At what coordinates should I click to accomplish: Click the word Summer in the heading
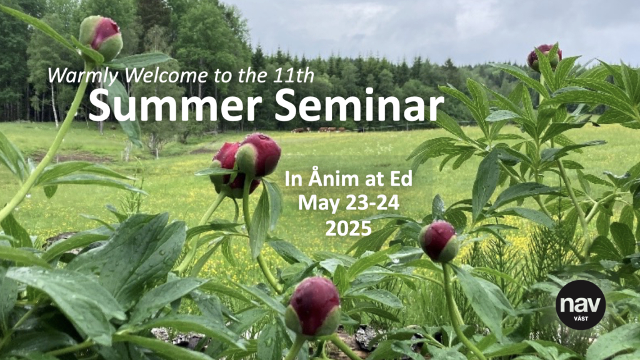tap(175, 105)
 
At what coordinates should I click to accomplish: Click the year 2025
tap(349, 228)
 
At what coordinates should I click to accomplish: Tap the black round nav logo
tap(581, 305)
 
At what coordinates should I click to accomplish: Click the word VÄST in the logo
tap(581, 318)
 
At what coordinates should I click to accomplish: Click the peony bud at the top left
tap(101, 37)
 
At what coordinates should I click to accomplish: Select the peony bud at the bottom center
tap(313, 307)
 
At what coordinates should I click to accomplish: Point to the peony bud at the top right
tap(544, 57)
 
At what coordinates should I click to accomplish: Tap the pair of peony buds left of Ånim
tap(245, 164)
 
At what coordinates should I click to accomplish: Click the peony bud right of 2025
tap(439, 242)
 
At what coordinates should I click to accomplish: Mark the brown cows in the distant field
tap(321, 130)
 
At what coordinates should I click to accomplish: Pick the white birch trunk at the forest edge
tap(55, 106)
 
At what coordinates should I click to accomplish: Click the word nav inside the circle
tap(581, 304)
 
